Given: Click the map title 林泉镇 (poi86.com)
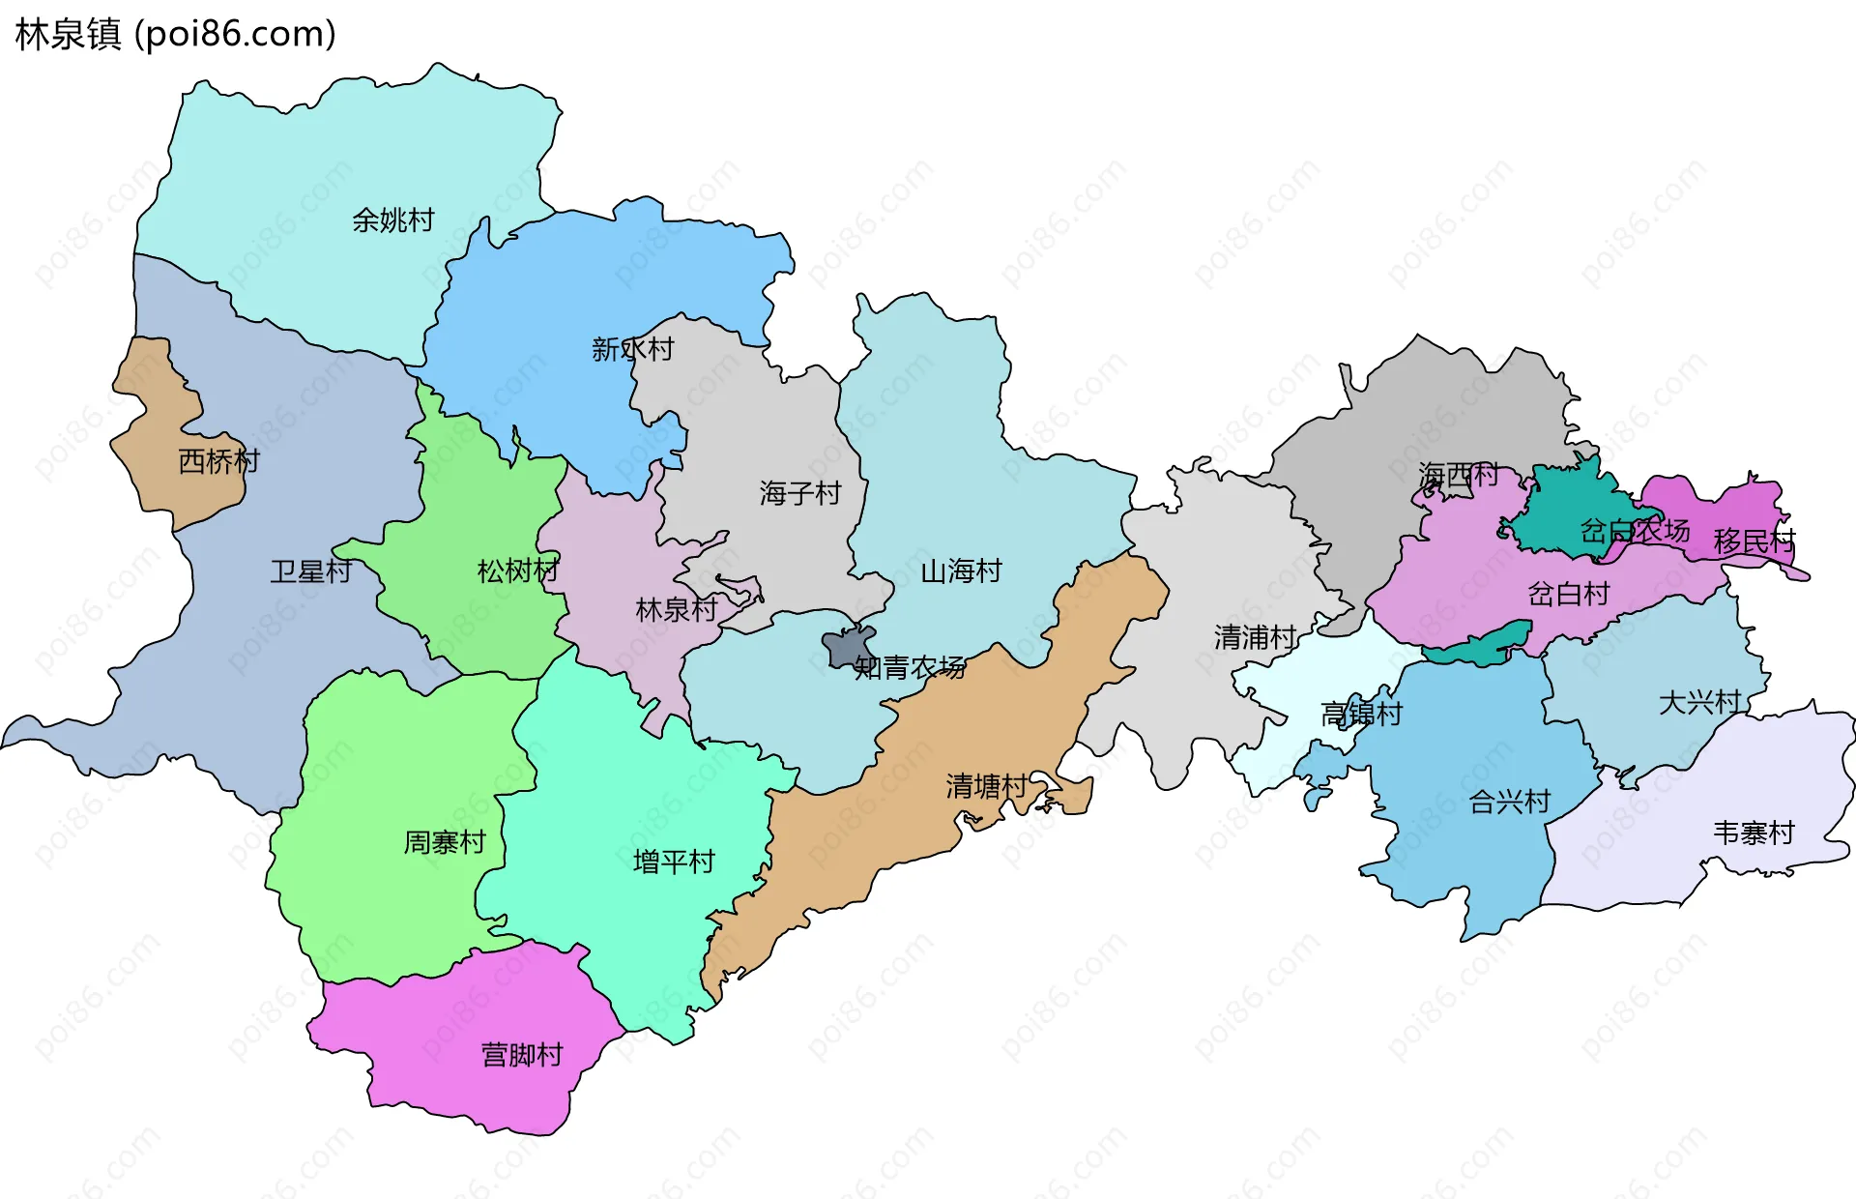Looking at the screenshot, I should [175, 35].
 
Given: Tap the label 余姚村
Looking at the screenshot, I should [392, 220].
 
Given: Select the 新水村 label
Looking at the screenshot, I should [632, 349].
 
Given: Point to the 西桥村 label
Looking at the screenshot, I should [219, 461].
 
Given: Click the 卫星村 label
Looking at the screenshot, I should [310, 571].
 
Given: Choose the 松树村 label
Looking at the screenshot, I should [517, 571].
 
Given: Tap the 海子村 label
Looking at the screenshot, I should [799, 494].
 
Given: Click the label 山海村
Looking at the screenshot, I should [961, 571].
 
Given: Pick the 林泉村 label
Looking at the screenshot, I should [676, 610].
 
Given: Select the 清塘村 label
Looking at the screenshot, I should [986, 786].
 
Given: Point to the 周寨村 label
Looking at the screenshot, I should [444, 843].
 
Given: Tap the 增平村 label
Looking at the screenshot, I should [673, 862].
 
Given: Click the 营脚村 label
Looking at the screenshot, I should [521, 1055].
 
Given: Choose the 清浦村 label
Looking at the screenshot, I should [1255, 638].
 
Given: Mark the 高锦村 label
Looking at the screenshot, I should [1361, 715].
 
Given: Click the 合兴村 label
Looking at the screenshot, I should [1509, 802].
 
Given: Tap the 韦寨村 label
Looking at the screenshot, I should [1754, 833].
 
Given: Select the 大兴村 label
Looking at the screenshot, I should [1699, 703].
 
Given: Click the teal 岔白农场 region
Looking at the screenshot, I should [1556, 512].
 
